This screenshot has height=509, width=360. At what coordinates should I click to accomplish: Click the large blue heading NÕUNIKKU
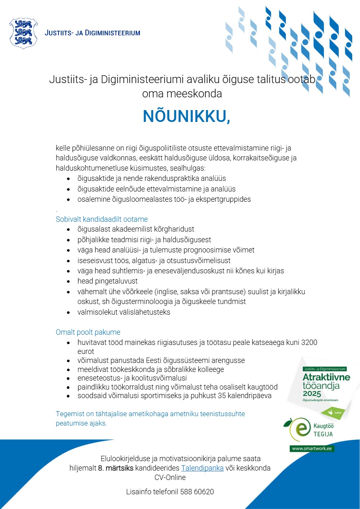[186, 117]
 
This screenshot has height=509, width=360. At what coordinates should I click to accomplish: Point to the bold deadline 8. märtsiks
[116, 468]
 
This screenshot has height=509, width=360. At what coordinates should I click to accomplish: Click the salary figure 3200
[309, 342]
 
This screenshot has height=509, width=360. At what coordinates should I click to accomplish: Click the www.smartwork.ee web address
[312, 448]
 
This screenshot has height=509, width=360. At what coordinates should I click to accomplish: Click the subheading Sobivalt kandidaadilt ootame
[101, 219]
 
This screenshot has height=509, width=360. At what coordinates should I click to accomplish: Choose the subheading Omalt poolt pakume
[88, 332]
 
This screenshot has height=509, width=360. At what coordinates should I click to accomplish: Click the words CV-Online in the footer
[170, 477]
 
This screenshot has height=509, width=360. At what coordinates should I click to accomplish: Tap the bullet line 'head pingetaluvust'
[108, 281]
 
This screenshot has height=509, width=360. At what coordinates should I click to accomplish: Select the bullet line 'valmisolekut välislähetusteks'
[124, 312]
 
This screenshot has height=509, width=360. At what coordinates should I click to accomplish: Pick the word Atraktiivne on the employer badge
[326, 377]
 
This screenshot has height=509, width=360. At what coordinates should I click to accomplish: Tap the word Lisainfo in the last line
[139, 491]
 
